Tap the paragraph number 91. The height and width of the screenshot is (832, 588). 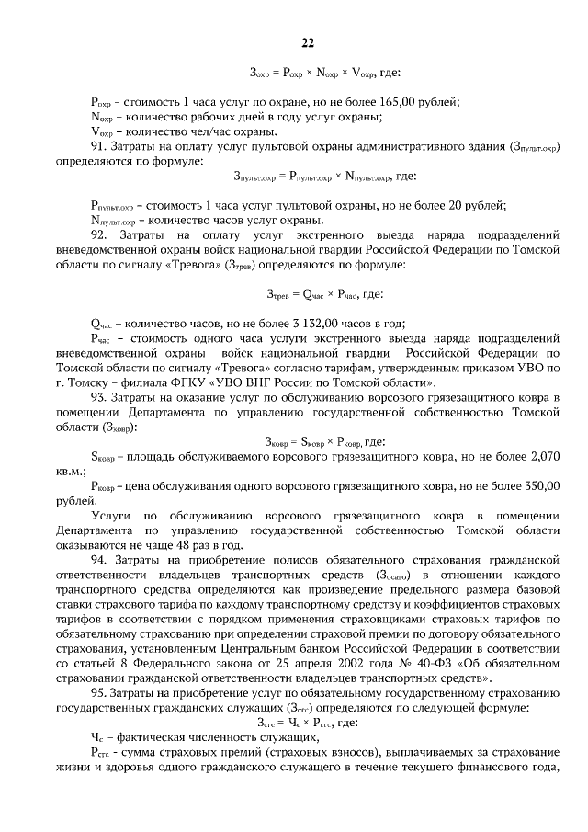[x=99, y=146]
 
